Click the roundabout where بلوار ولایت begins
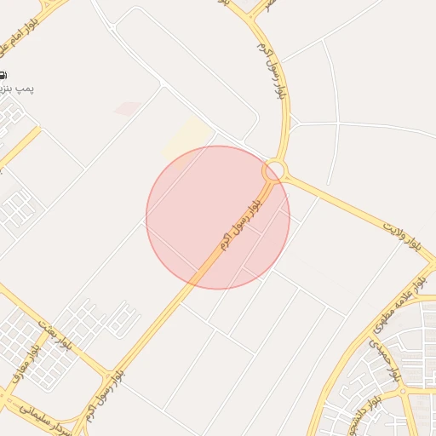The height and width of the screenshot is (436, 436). click(x=274, y=171)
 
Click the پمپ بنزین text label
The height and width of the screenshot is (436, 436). click(x=16, y=89)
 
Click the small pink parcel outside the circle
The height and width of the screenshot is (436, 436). click(x=128, y=109)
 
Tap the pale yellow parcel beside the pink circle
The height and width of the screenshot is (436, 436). click(x=186, y=137)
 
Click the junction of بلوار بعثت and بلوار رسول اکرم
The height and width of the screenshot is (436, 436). click(x=108, y=374)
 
